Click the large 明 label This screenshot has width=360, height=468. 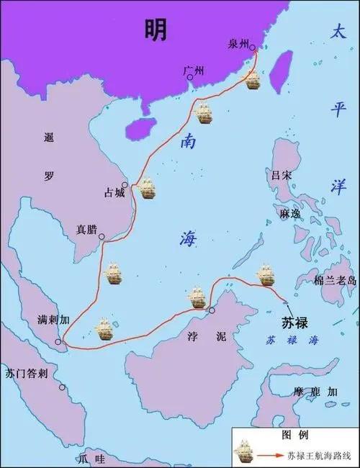coord(155,30)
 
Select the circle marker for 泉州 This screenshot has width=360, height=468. coord(253,50)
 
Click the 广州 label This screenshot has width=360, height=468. coord(194,71)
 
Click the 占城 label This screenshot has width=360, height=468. coord(115,192)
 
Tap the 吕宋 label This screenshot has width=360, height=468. coord(279,175)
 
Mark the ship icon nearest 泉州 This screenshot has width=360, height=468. coord(252,79)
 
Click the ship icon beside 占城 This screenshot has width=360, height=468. coord(148,189)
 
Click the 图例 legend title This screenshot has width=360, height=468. coord(295,435)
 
